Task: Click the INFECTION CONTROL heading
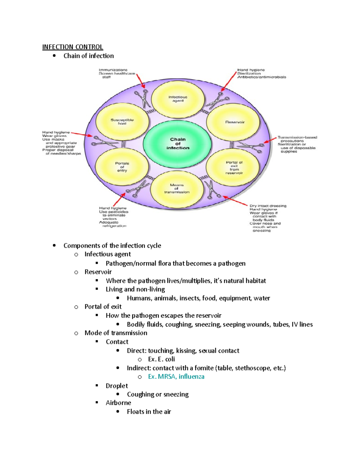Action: pyautogui.click(x=73, y=47)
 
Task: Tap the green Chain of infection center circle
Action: pyautogui.click(x=178, y=143)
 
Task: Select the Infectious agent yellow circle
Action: pyautogui.click(x=178, y=99)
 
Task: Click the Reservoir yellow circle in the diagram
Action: pyautogui.click(x=235, y=122)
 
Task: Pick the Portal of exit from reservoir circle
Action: pyautogui.click(x=234, y=168)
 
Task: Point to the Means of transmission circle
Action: pyautogui.click(x=177, y=189)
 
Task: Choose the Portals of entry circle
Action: pyautogui.click(x=122, y=167)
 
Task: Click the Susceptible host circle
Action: pyautogui.click(x=122, y=122)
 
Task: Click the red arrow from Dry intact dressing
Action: pyautogui.click(x=235, y=201)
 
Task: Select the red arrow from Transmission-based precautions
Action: pyautogui.click(x=270, y=140)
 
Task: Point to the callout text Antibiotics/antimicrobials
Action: pyautogui.click(x=262, y=77)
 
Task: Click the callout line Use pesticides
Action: pyautogui.click(x=114, y=212)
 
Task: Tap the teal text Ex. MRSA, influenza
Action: pyautogui.click(x=176, y=377)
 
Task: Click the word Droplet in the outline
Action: pyautogui.click(x=117, y=386)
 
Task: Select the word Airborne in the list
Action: pyautogui.click(x=118, y=403)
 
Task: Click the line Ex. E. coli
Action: pyautogui.click(x=161, y=359)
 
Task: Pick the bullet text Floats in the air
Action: pyautogui.click(x=149, y=412)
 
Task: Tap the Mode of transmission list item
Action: pyautogui.click(x=116, y=333)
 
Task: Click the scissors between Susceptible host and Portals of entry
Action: pyautogui.click(x=104, y=141)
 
